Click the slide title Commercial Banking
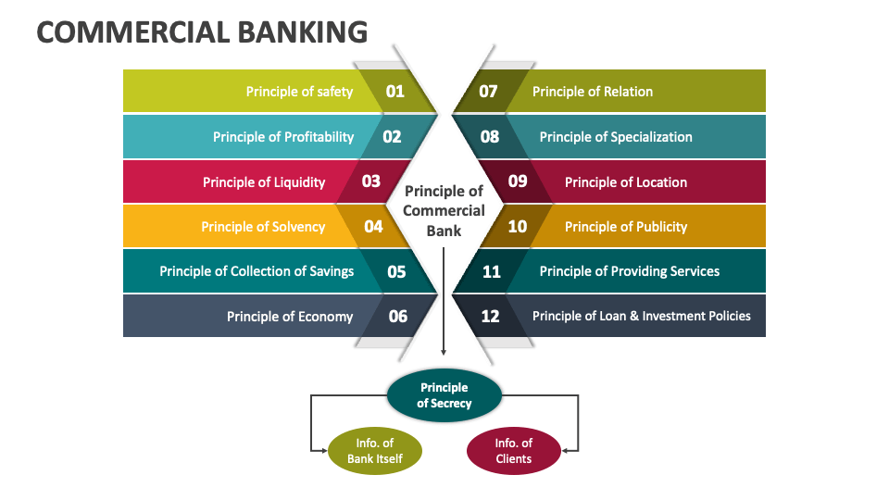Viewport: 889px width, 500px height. [202, 32]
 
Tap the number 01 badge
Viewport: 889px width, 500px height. [395, 91]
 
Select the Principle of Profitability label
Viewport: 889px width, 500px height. [283, 137]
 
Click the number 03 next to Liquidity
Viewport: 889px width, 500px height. [371, 181]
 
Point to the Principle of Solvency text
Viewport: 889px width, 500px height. [263, 227]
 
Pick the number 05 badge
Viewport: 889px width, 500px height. [396, 271]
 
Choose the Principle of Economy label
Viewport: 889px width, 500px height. [290, 317]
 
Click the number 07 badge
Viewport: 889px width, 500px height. [488, 91]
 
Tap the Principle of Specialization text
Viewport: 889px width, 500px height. [616, 137]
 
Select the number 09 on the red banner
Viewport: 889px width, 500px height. [518, 181]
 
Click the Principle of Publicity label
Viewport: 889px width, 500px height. [626, 227]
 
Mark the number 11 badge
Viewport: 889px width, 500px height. [491, 271]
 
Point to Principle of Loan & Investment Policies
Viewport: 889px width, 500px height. [642, 317]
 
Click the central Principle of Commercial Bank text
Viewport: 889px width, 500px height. [444, 210]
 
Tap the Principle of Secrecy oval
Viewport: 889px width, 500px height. [444, 394]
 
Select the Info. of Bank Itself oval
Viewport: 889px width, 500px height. [375, 451]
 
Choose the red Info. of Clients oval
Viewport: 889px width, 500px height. [513, 451]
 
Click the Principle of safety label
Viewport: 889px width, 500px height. [299, 92]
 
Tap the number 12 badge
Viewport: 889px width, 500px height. [491, 317]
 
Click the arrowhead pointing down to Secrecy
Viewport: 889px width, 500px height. [444, 352]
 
